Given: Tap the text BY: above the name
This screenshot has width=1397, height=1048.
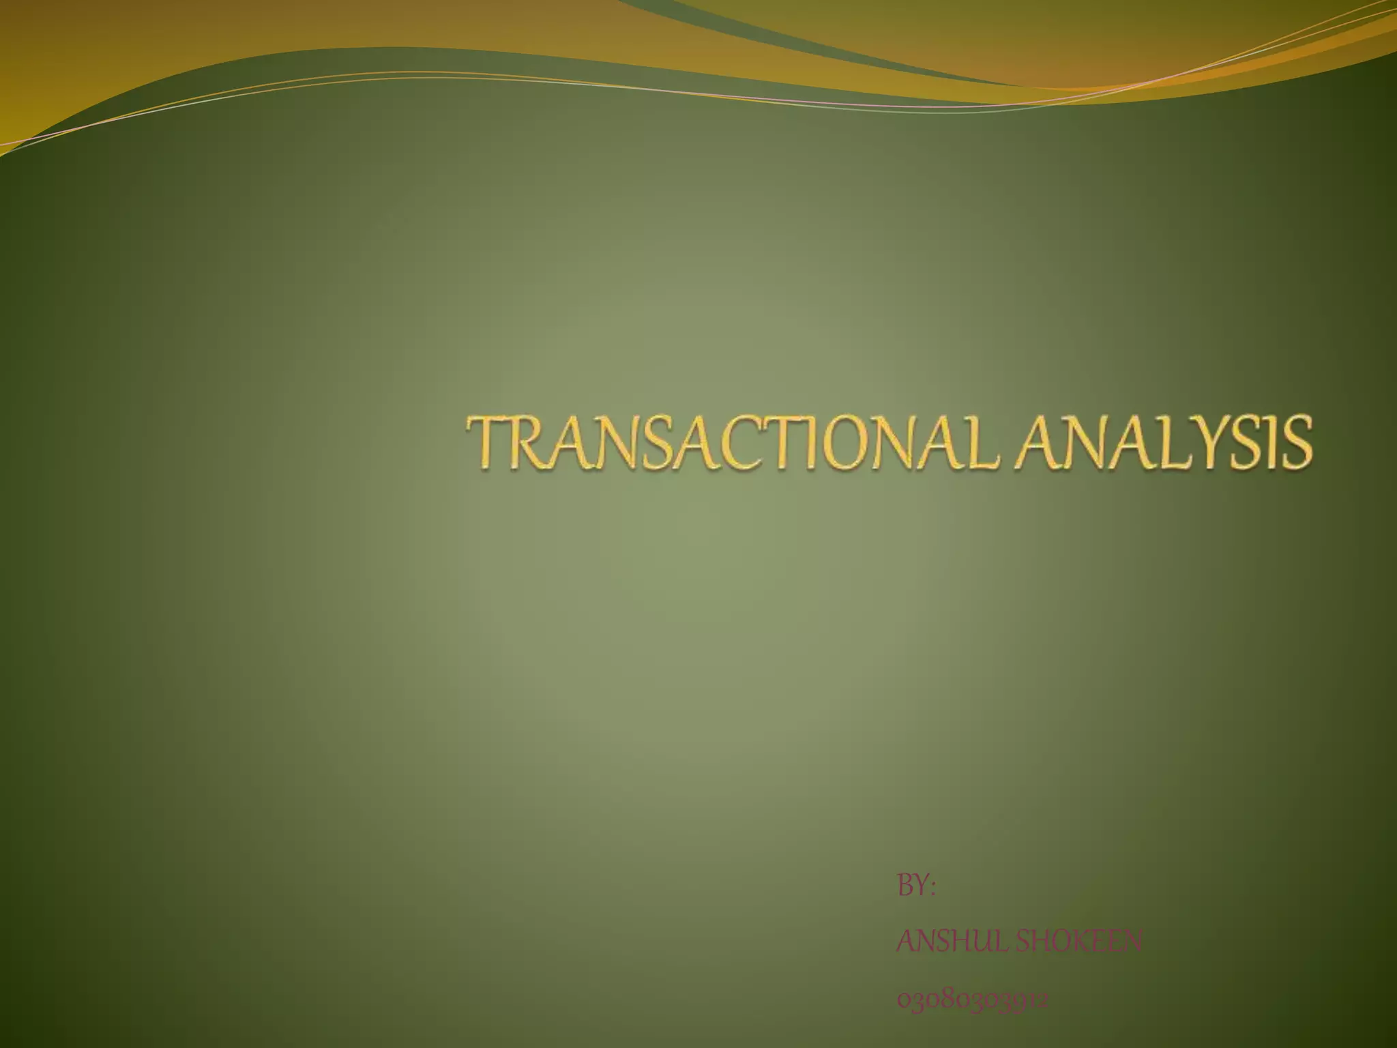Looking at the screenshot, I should click(x=915, y=886).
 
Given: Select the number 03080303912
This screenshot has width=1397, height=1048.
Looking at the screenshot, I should click(x=972, y=1000).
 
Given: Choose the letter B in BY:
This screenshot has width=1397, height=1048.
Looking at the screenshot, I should click(x=905, y=886).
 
